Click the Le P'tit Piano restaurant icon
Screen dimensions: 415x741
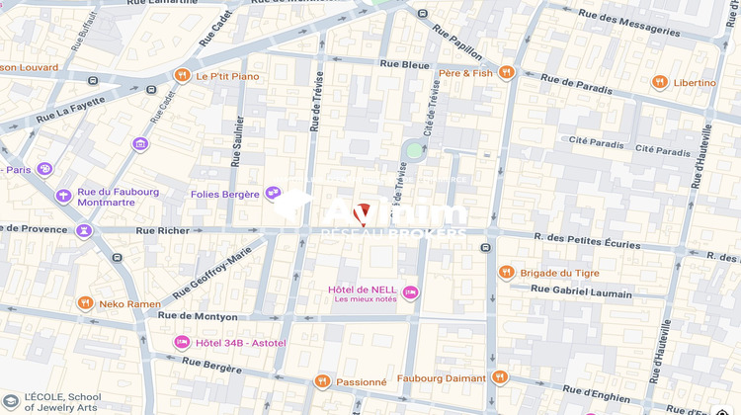[182, 76]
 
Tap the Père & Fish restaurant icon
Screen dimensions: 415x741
[507, 72]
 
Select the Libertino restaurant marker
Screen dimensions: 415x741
[659, 82]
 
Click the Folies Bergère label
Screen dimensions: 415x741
[224, 195]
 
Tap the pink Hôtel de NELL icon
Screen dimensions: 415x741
[410, 292]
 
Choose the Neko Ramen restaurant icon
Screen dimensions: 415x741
[86, 303]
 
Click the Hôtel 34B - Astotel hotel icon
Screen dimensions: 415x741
[182, 342]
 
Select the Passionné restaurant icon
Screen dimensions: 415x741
[321, 381]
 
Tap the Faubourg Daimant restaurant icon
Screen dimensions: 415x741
[499, 377]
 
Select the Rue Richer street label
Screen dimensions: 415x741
[159, 230]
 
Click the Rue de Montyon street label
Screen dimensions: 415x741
[198, 316]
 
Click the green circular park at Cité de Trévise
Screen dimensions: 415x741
[414, 150]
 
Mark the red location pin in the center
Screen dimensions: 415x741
[363, 211]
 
